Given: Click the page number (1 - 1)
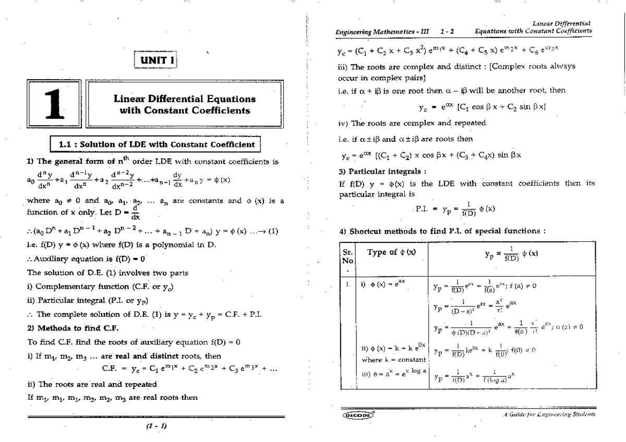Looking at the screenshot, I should [156, 425].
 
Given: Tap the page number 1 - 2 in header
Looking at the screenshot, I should [447, 31].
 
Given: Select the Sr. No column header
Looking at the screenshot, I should [346, 257].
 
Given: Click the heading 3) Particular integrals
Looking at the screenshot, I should [369, 171].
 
